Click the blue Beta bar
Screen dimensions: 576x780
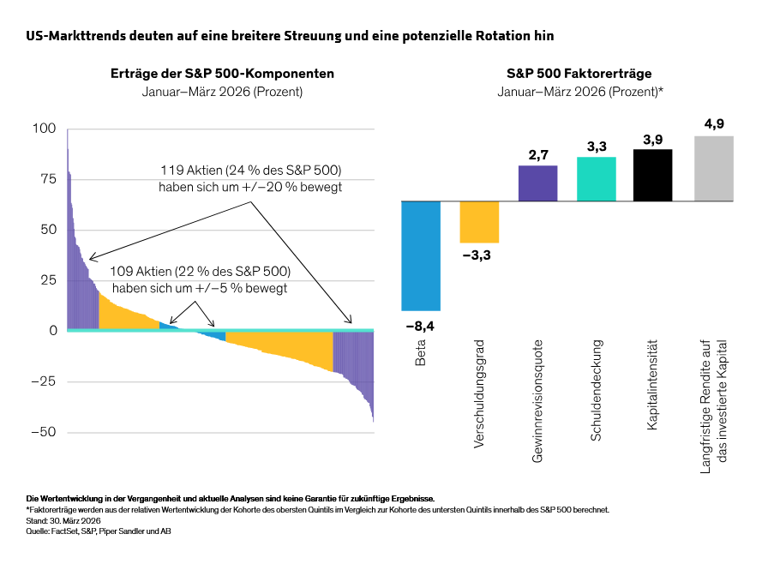(421, 255)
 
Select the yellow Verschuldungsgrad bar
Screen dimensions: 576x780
(479, 222)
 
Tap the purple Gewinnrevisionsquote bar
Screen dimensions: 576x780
(538, 183)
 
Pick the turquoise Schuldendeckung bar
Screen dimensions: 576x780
(597, 179)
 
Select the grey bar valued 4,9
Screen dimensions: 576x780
(713, 169)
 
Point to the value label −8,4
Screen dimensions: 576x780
(421, 325)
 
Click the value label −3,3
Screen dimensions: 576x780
(479, 256)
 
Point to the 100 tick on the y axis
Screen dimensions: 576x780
(44, 129)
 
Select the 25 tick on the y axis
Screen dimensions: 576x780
(47, 280)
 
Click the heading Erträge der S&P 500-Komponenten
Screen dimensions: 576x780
(222, 74)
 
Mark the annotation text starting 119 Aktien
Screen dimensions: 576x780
(250, 177)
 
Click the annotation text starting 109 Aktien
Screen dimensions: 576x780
(199, 279)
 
